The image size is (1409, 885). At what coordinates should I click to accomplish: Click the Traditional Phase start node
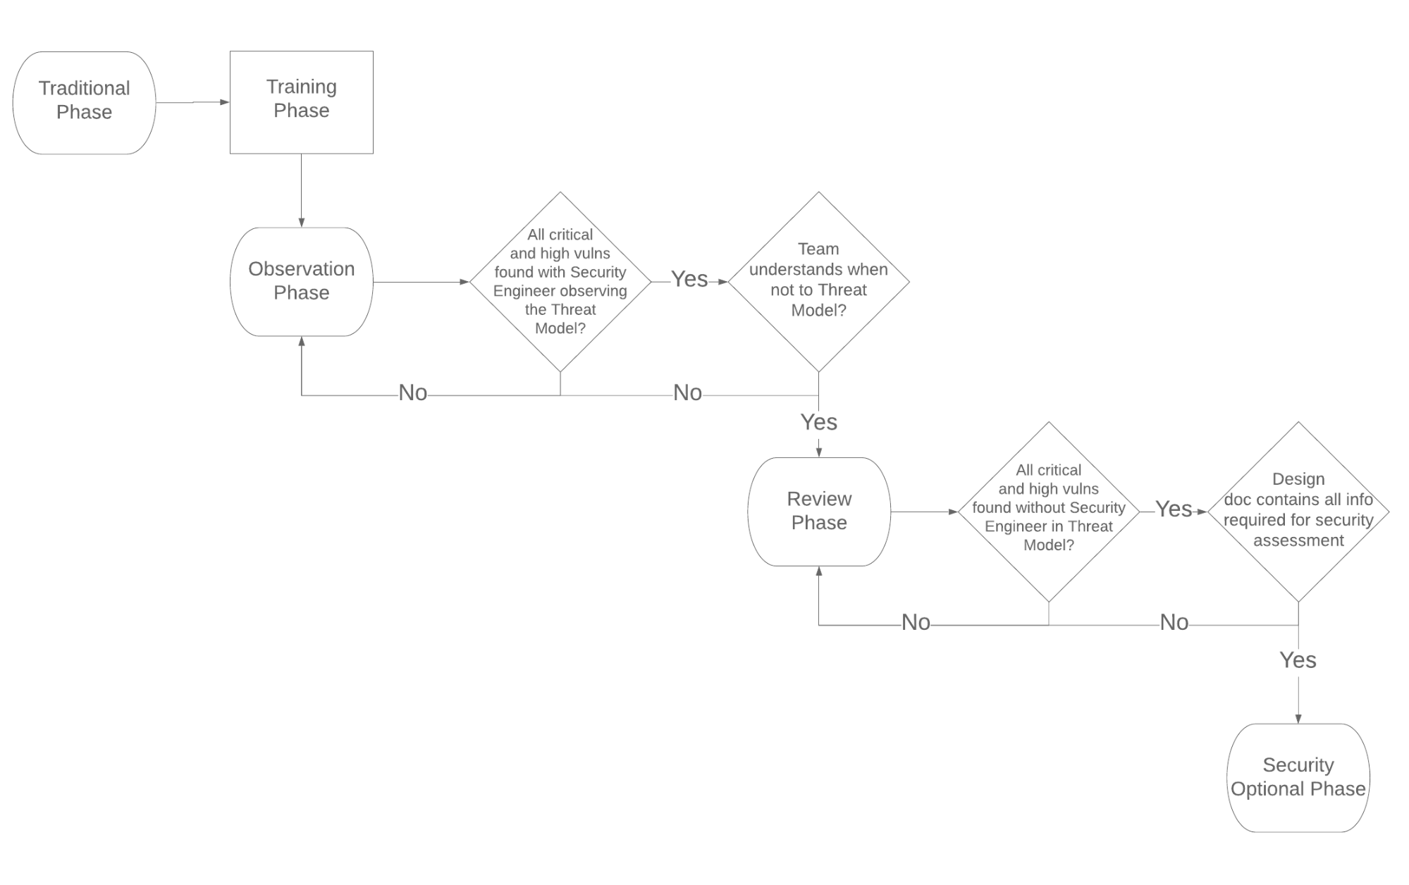point(84,102)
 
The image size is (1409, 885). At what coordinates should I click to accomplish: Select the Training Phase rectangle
point(301,102)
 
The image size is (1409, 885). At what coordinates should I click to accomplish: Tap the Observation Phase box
point(301,281)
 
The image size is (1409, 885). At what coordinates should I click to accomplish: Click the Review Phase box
point(818,511)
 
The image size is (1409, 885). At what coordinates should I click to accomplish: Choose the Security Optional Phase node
point(1298,777)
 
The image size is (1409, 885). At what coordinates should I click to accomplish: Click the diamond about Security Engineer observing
point(560,281)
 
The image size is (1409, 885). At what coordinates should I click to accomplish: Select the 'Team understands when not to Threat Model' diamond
point(818,281)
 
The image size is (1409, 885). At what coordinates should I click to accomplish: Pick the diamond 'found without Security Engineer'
point(1048,511)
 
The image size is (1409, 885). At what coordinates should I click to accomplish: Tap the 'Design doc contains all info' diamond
point(1298,511)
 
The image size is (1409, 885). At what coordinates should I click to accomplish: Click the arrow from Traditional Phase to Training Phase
point(192,102)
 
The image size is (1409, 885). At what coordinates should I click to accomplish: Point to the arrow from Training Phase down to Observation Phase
point(301,190)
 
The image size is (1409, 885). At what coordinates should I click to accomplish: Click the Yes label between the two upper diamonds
point(689,279)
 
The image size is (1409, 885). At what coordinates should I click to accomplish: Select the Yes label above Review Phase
point(818,422)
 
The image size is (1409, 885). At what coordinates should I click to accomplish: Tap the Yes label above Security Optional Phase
point(1298,660)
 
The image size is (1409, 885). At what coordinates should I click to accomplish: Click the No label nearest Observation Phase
point(412,392)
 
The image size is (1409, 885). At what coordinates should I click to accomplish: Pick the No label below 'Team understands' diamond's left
point(687,392)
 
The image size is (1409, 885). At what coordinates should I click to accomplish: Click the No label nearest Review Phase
point(916,622)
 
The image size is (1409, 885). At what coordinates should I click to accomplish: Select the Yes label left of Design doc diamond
point(1174,509)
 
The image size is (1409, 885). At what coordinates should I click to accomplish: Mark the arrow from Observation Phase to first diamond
point(421,282)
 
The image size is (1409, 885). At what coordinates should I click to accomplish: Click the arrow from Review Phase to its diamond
point(924,512)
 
